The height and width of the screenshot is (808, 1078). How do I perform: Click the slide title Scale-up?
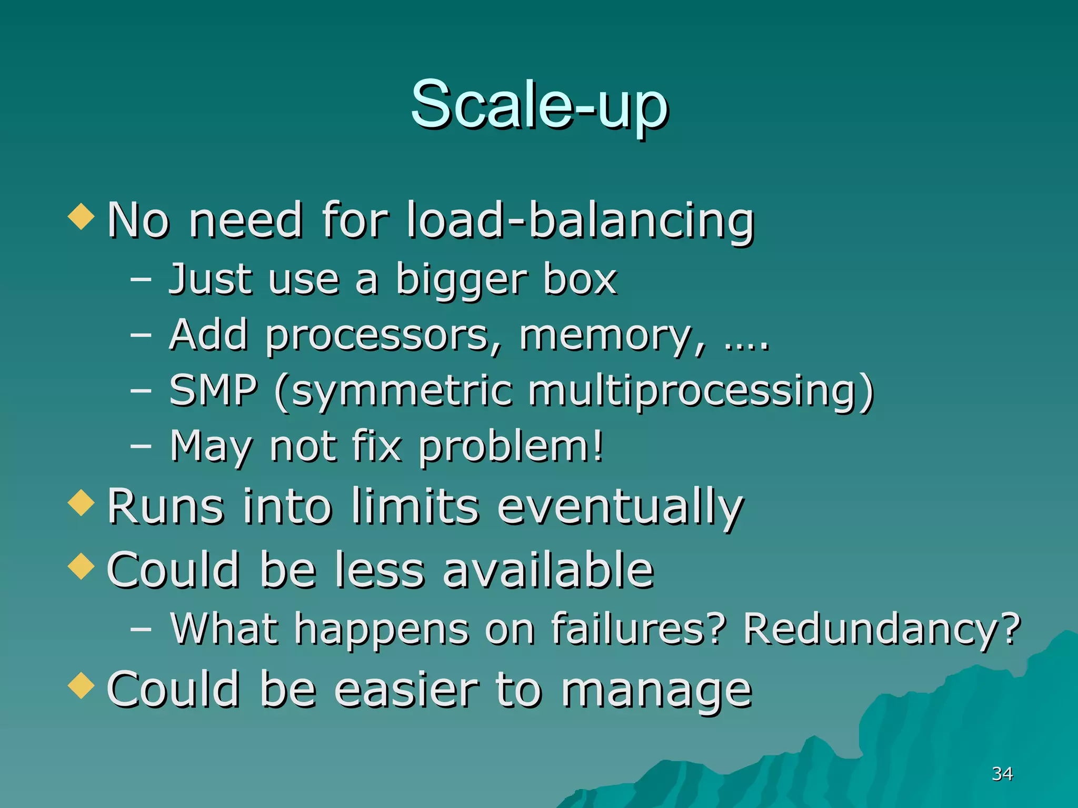[x=539, y=105]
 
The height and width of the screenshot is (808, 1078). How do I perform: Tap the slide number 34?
[x=1002, y=774]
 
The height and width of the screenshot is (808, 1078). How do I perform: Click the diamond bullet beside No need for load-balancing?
[x=81, y=216]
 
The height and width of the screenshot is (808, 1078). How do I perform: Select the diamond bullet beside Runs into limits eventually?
[x=81, y=502]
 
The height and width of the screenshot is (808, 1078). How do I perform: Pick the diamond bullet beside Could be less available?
[x=81, y=566]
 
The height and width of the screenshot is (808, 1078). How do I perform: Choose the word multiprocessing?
[x=700, y=392]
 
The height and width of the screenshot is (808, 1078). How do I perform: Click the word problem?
[x=511, y=448]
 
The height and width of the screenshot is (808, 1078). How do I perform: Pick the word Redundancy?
[x=882, y=630]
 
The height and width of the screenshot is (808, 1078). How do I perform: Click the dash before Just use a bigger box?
[x=141, y=279]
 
